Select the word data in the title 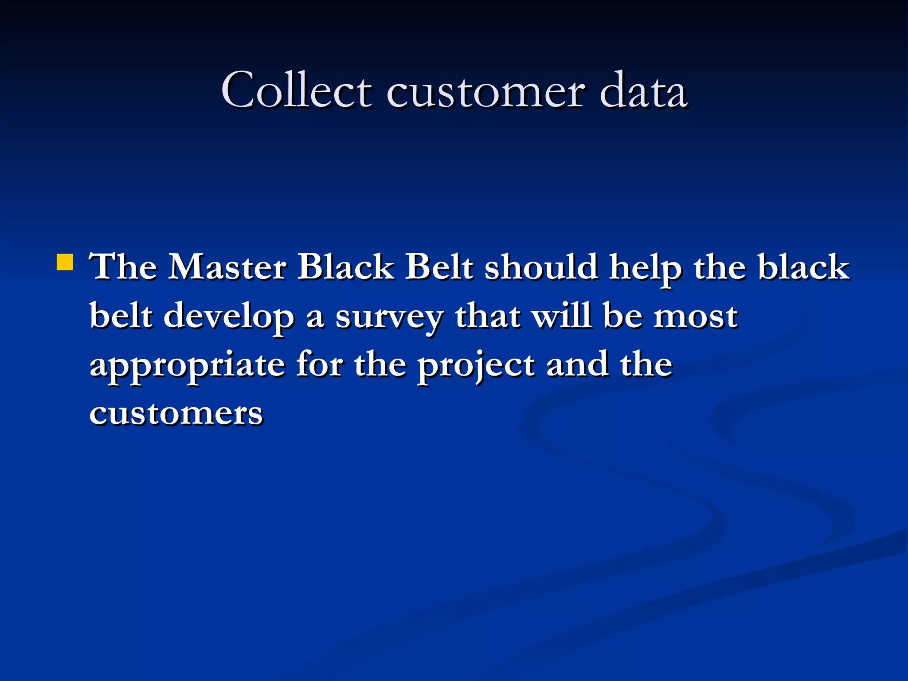coord(643,91)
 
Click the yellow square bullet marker coord(65,262)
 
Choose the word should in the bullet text coord(541,267)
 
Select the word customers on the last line coord(176,413)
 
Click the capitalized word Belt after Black coord(439,267)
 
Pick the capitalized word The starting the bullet coord(123,267)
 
